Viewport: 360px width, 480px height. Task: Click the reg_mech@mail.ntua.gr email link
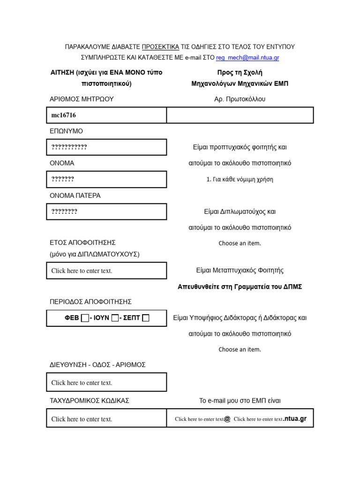point(247,58)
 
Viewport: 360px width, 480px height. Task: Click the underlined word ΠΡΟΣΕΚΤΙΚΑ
point(160,47)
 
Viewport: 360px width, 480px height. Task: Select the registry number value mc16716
point(64,115)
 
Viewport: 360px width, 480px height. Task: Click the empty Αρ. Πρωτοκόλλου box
point(240,115)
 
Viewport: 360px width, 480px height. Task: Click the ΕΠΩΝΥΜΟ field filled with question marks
point(106,147)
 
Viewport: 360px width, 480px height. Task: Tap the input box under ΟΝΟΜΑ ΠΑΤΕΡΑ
point(106,211)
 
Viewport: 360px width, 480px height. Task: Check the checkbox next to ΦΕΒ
point(84,318)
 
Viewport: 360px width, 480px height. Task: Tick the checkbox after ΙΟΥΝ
point(115,318)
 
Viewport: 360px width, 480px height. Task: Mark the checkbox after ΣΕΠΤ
point(146,318)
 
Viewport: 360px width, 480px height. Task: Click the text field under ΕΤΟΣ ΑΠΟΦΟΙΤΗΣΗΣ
point(106,270)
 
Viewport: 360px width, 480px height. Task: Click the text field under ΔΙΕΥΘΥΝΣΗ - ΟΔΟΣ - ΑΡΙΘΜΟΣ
point(106,382)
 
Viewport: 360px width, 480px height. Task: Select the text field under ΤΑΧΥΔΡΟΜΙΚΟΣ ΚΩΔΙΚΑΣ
point(106,419)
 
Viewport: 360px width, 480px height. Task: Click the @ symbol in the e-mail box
point(227,419)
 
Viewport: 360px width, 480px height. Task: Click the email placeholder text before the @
point(199,419)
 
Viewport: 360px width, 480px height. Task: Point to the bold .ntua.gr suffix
point(295,419)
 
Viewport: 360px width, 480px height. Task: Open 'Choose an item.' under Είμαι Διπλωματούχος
point(240,243)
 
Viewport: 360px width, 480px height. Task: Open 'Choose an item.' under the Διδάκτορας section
point(240,349)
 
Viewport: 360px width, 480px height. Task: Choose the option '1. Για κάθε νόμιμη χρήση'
point(240,179)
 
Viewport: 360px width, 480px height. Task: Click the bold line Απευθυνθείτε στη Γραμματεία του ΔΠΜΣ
point(240,286)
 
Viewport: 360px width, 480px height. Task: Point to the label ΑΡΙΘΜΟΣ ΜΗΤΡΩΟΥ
point(82,99)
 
